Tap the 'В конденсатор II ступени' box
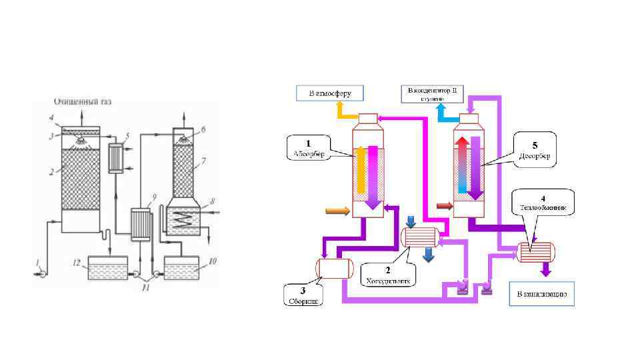point(431,93)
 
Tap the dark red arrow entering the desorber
point(443,205)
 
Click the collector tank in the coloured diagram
point(333,267)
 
